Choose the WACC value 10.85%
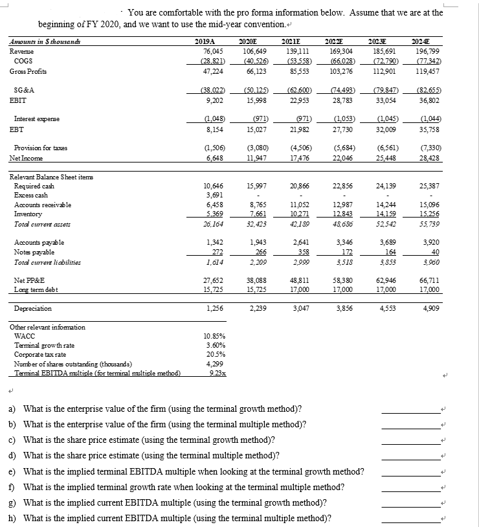[215, 337]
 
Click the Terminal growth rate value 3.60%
[215, 346]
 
